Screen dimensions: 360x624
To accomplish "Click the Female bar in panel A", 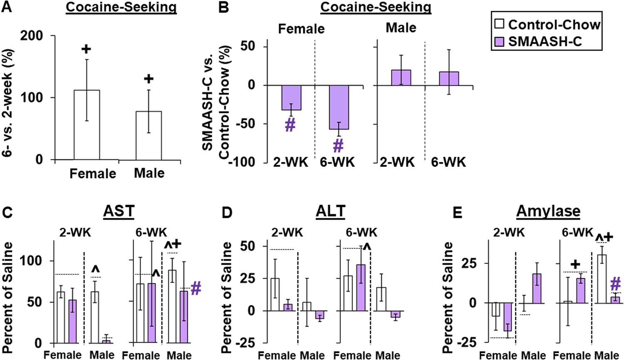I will coord(87,124).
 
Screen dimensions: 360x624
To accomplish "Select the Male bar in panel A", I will coord(149,135).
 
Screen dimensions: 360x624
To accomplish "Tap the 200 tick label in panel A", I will coord(32,36).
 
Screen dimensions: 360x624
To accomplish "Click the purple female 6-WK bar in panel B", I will coord(339,107).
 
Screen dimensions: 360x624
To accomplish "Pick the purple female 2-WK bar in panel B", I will coord(291,97).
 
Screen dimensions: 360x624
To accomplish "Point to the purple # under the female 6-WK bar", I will coord(338,146).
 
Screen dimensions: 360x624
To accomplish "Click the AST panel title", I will coord(119,211).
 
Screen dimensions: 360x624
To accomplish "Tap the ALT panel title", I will coord(331,211).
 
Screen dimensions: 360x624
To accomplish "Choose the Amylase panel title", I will coord(548,211).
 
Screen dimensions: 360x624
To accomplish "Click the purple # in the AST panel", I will coord(196,288).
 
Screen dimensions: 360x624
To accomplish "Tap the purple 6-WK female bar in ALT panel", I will coord(360,288).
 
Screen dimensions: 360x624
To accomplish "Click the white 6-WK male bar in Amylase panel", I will coord(602,278).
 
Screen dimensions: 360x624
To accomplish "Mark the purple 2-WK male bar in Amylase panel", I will coord(537,288).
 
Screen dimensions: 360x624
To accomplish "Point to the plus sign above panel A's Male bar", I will coord(149,79).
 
